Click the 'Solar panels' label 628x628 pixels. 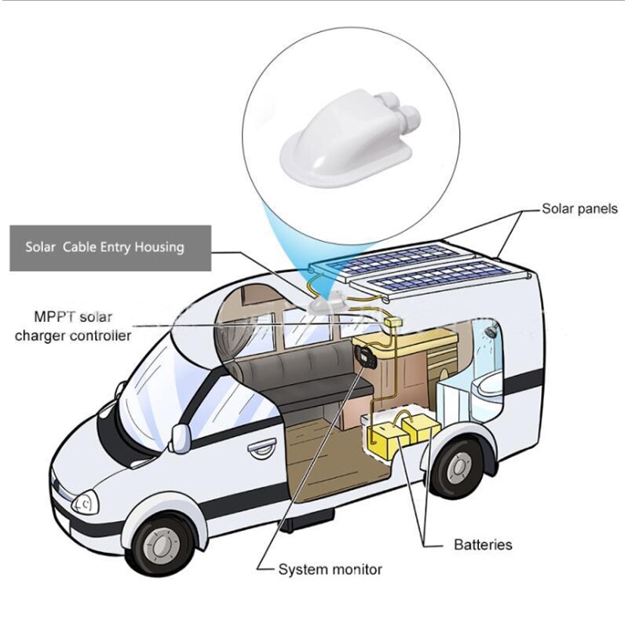(579, 209)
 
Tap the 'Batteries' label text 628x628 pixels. (483, 545)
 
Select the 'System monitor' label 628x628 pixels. (330, 569)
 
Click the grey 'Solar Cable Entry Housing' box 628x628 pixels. (110, 248)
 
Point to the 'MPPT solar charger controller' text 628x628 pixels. (73, 326)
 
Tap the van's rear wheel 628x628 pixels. (459, 466)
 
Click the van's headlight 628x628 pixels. (86, 502)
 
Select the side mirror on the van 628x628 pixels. (181, 438)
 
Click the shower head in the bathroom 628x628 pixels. (489, 332)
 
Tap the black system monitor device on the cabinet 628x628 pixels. (363, 355)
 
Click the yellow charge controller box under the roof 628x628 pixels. (393, 321)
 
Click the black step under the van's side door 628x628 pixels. (307, 520)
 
